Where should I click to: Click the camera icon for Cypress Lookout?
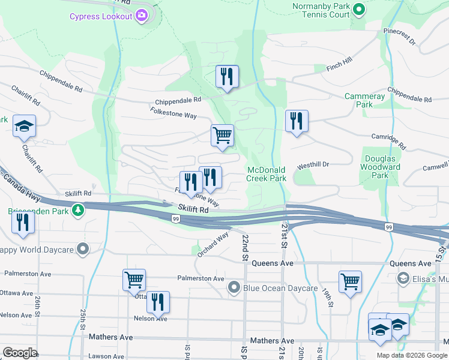pyautogui.click(x=142, y=16)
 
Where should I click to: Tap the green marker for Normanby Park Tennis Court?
pyautogui.click(x=359, y=10)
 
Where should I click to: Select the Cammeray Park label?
pyautogui.click(x=364, y=100)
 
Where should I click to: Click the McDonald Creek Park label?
pyautogui.click(x=267, y=174)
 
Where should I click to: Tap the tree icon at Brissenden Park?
pyautogui.click(x=77, y=211)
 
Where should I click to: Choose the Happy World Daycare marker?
pyautogui.click(x=83, y=248)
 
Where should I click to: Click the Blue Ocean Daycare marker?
pyautogui.click(x=234, y=289)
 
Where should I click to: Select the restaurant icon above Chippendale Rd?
pyautogui.click(x=227, y=76)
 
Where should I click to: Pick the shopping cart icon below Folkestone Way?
pyautogui.click(x=222, y=135)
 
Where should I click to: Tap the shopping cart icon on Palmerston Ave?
pyautogui.click(x=134, y=279)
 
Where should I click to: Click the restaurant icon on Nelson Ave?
pyautogui.click(x=158, y=302)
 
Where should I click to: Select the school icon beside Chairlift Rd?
pyautogui.click(x=24, y=126)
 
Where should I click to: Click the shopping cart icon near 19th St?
pyautogui.click(x=350, y=281)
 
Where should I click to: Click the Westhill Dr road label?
pyautogui.click(x=313, y=164)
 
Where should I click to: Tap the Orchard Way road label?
pyautogui.click(x=213, y=245)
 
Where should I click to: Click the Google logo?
pyautogui.click(x=20, y=353)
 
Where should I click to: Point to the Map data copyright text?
pyautogui.click(x=412, y=355)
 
